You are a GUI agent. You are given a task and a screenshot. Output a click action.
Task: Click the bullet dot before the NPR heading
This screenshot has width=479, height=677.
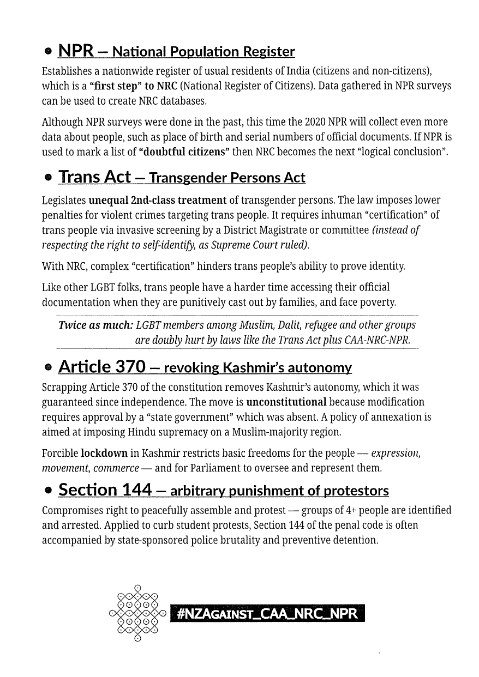[x=48, y=52]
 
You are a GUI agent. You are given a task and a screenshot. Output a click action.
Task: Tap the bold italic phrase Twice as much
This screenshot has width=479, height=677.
[x=95, y=325]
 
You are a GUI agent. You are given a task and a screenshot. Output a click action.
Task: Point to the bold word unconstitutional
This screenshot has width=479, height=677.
[x=286, y=402]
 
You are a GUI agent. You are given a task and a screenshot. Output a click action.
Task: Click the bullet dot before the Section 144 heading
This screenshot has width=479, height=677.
[x=49, y=491]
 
